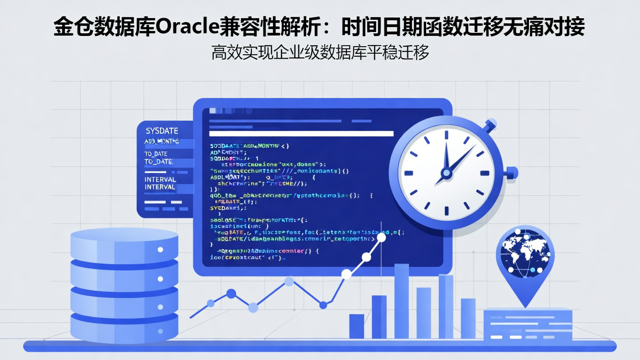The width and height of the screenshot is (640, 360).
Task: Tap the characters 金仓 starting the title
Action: pos(70,28)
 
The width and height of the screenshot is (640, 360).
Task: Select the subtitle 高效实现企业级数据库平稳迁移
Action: pos(320,52)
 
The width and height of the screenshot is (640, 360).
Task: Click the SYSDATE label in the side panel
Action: pos(162,131)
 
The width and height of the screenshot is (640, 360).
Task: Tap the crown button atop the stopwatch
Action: pos(490,124)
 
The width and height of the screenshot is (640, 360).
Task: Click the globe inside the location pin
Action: pos(525,252)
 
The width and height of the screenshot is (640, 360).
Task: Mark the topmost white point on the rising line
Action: pos(381,237)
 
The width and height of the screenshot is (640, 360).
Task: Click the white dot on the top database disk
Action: pos(160,249)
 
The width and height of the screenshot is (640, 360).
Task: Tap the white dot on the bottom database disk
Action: pos(160,332)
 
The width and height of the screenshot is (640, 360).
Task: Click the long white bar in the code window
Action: pos(301,133)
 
